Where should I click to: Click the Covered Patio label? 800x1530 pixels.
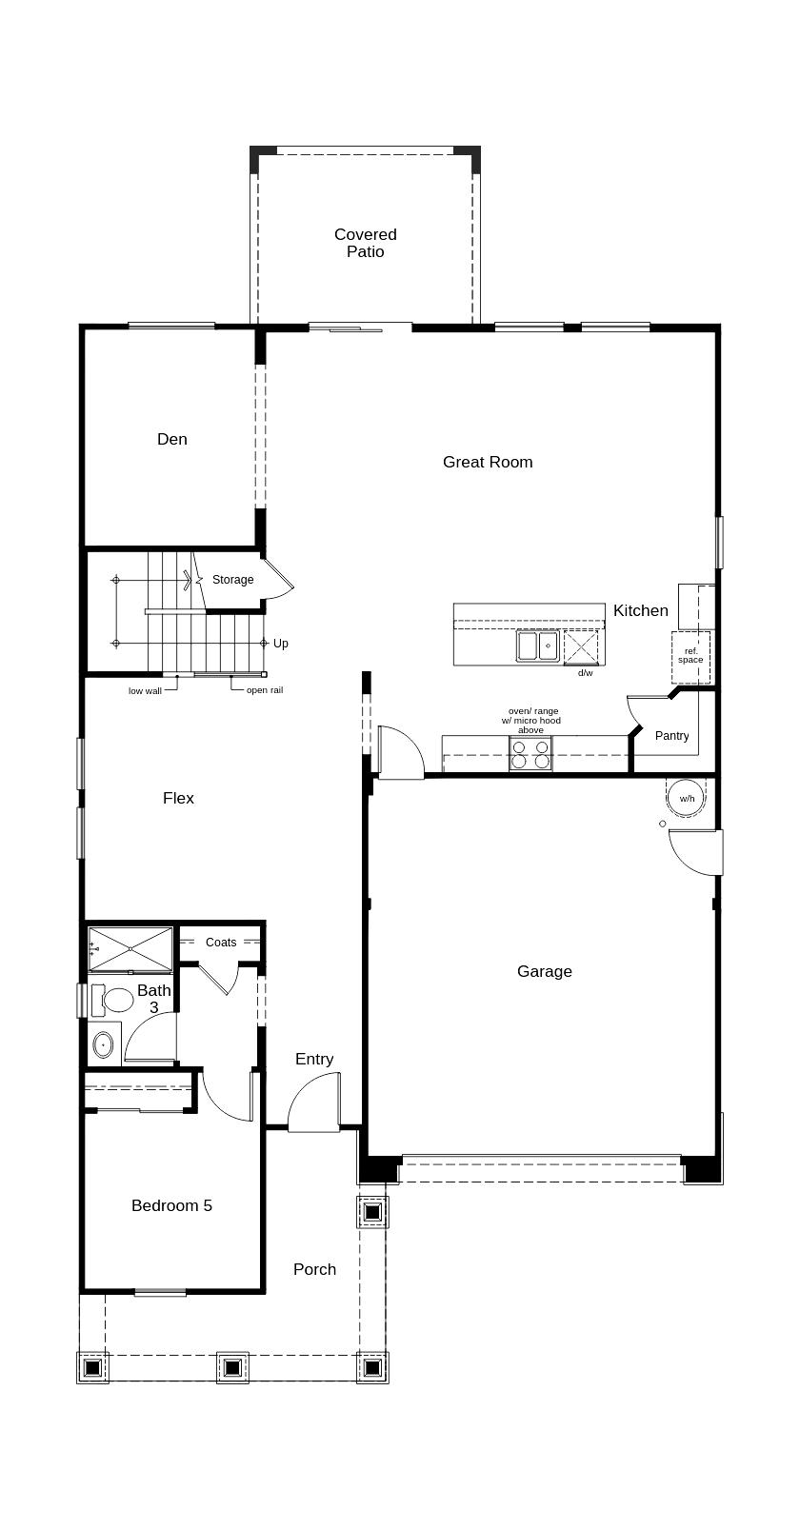tap(366, 243)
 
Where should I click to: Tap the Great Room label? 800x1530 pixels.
tap(488, 462)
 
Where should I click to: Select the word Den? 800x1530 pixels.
tap(172, 439)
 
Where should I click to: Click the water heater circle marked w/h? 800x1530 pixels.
tap(687, 798)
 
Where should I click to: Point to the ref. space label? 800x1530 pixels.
tap(690, 655)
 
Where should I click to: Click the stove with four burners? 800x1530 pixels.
tap(530, 754)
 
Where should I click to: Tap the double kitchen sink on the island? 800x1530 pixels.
tap(537, 646)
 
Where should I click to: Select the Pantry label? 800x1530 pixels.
tap(671, 736)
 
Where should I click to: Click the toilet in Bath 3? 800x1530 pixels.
tap(111, 1000)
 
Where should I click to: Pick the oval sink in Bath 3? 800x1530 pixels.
tap(103, 1045)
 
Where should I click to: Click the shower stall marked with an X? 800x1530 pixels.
tap(130, 948)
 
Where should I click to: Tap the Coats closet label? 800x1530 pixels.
tap(221, 943)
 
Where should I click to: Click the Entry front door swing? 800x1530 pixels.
tap(315, 1104)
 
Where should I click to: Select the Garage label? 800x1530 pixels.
tap(545, 971)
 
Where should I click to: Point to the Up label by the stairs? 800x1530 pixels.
tap(281, 644)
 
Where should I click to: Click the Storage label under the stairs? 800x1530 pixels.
tap(232, 580)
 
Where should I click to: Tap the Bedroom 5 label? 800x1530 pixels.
tap(171, 1205)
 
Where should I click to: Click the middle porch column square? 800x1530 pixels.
tap(231, 1368)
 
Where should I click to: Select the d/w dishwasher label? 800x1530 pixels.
tap(585, 673)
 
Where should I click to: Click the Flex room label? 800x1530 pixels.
tap(178, 798)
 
